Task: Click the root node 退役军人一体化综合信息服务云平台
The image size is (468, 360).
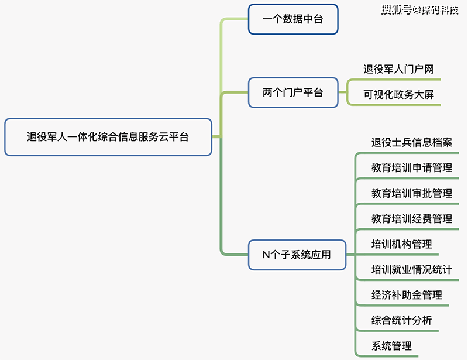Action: (x=108, y=138)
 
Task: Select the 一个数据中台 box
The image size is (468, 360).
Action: (x=293, y=20)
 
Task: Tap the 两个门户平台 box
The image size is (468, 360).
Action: (x=293, y=92)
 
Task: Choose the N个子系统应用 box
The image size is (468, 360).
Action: (x=297, y=255)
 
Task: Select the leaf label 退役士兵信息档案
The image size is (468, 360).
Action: (x=411, y=142)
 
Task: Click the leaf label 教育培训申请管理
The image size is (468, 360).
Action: (x=411, y=168)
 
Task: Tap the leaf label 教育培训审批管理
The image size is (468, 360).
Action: (x=411, y=193)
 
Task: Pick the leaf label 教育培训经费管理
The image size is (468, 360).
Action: (x=411, y=219)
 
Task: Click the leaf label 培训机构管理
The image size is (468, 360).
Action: (x=401, y=244)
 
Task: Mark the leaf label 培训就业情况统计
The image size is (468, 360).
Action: (x=411, y=270)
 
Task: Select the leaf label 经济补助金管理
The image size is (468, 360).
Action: (x=406, y=295)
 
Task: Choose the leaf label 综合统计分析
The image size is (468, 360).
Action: (x=401, y=321)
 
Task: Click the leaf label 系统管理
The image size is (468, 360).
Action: (x=391, y=346)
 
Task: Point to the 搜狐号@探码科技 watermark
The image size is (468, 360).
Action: (x=419, y=9)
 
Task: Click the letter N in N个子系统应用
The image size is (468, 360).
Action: (x=266, y=255)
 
